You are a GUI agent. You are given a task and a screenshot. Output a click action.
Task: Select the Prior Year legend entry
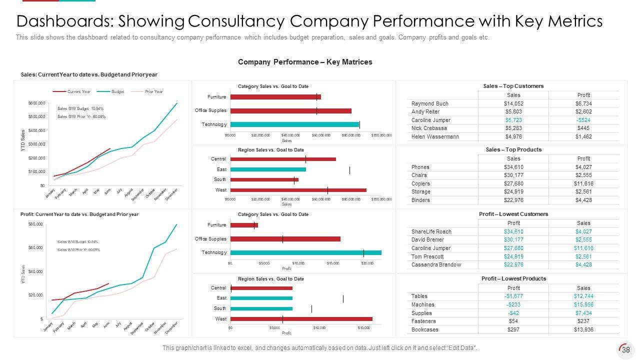coord(154,92)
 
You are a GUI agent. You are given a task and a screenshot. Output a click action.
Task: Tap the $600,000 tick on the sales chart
coord(36,103)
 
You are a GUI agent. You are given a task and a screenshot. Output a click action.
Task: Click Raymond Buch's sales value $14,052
coord(513,103)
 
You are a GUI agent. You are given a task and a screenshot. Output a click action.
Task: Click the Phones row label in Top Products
coord(420,167)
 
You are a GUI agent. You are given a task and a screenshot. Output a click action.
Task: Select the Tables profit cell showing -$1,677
coord(513,296)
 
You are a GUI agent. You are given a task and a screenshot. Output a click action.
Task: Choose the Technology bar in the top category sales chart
coord(294,124)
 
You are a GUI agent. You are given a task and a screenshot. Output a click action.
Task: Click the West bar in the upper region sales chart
coord(298,190)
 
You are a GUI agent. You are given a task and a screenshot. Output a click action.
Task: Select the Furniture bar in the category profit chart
coord(244,225)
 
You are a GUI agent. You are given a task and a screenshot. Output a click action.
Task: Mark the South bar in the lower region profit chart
coord(261,308)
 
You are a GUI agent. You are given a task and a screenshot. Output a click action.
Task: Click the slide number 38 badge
coord(625,350)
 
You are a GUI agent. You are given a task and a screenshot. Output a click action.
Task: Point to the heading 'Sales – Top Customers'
coord(513,86)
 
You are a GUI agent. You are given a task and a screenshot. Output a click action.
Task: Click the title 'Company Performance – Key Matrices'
coord(305,62)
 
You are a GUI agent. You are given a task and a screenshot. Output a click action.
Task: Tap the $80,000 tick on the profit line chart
coord(35,224)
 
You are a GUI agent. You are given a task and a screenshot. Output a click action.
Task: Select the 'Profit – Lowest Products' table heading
coord(513,278)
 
